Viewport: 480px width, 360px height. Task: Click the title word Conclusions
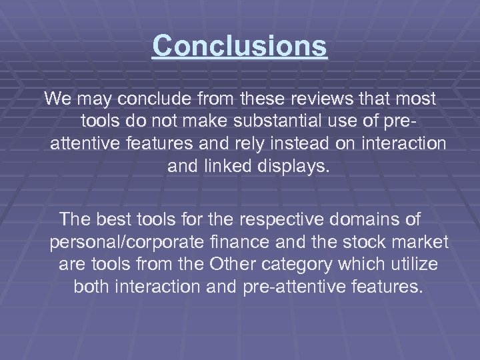click(239, 46)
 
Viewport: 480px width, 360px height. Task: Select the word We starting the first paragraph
click(59, 99)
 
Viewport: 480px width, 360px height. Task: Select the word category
click(302, 264)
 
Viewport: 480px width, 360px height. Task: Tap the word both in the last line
click(93, 287)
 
